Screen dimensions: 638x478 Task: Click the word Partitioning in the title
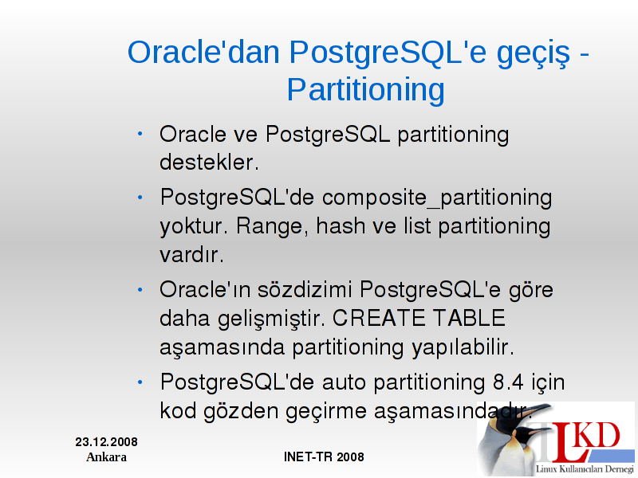click(x=366, y=90)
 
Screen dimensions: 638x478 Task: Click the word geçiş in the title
click(x=534, y=54)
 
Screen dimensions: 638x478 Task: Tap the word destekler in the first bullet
click(x=209, y=163)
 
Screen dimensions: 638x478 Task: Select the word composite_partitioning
click(x=437, y=198)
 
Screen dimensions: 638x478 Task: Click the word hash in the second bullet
click(x=341, y=225)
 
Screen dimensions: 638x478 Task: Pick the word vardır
click(x=191, y=255)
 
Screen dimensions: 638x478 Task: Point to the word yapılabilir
click(x=463, y=348)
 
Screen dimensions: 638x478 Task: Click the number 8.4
click(x=508, y=382)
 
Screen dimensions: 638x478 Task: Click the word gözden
click(x=241, y=412)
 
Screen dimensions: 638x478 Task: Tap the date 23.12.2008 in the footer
click(x=106, y=442)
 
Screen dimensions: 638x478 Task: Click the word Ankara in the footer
click(x=106, y=457)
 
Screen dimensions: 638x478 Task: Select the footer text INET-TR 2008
click(x=324, y=456)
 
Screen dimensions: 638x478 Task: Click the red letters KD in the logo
click(x=597, y=435)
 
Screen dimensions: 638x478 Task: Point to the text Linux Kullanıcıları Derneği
click(x=585, y=469)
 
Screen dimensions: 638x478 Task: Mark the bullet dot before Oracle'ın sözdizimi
click(x=140, y=290)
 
